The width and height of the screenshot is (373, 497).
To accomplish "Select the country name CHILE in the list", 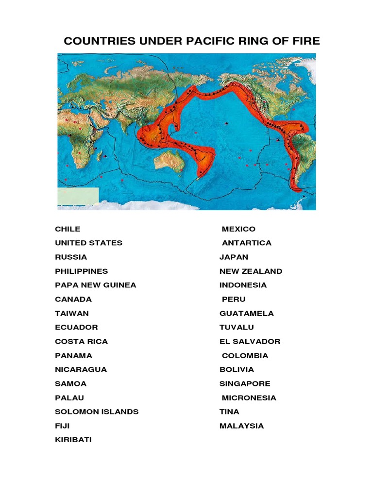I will click(x=68, y=229).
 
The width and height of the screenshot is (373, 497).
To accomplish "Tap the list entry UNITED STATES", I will click(x=88, y=243).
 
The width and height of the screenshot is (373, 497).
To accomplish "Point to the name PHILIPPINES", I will click(x=81, y=271).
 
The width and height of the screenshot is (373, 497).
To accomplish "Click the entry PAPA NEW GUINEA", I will click(x=95, y=285).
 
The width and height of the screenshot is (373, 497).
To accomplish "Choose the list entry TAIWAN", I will click(x=71, y=314).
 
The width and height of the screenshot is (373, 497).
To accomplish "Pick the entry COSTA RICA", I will click(x=81, y=342).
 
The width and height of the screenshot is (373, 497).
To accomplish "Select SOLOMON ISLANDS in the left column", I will click(x=97, y=412).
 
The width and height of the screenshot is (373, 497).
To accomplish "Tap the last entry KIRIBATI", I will click(x=73, y=440).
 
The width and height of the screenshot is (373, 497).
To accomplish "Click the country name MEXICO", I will click(x=238, y=229).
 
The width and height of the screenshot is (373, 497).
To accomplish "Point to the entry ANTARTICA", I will click(x=247, y=243).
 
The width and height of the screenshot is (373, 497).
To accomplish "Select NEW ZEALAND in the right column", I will click(x=251, y=271).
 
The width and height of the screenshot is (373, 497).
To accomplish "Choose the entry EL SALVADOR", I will click(x=250, y=342).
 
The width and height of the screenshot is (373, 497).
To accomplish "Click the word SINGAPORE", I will click(x=245, y=384).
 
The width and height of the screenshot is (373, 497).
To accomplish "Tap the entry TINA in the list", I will click(x=229, y=412).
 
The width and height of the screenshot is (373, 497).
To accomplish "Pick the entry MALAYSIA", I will click(x=241, y=426).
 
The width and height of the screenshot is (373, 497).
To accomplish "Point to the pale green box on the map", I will click(x=78, y=197).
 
